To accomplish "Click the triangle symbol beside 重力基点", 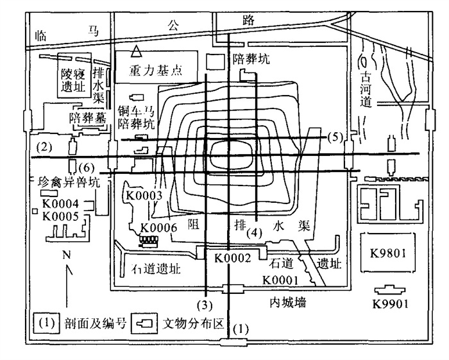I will click(135, 51).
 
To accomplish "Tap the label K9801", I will click(389, 252).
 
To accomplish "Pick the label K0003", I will click(145, 195).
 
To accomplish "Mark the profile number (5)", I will click(335, 136).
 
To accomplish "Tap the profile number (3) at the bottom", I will click(204, 303).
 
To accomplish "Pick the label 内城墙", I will click(286, 302).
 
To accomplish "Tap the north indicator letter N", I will click(67, 254).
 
